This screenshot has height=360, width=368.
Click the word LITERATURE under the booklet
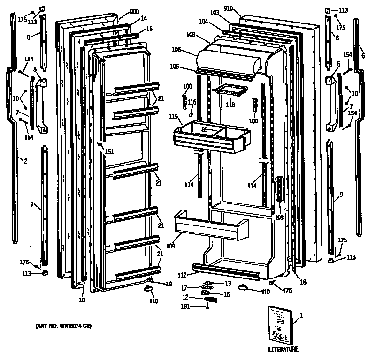tap(283, 349)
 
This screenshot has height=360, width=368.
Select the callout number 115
tap(174, 115)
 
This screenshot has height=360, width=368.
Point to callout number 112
tap(183, 275)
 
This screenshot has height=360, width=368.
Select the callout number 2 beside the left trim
tap(25, 161)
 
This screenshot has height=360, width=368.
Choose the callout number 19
tap(169, 284)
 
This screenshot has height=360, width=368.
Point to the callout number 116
tap(192, 102)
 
